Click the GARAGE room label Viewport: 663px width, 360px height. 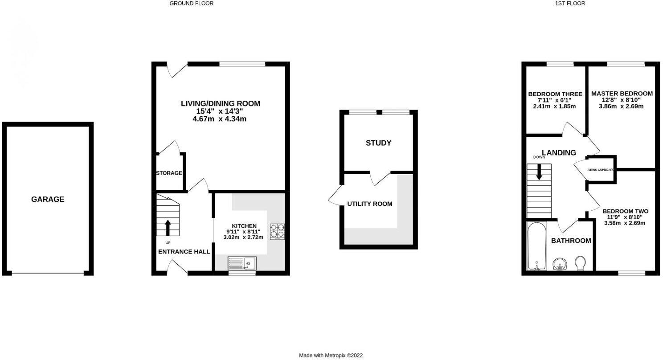pos(48,199)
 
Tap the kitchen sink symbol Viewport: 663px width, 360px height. pos(242,263)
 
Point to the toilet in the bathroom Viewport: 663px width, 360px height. pos(581,262)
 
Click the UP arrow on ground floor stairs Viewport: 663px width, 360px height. pos(168,227)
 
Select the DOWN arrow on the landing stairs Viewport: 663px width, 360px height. pos(539,172)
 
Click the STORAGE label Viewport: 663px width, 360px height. pos(169,173)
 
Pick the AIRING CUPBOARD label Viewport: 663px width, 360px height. pos(601,170)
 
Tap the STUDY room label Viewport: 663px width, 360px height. pos(378,143)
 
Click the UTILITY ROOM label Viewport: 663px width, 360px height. pos(370,204)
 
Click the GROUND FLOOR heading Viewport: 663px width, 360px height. pos(192,4)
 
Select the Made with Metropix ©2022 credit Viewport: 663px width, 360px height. pos(331,355)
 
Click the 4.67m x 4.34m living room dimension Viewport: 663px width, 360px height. pos(220,119)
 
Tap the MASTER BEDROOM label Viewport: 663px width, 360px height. pos(622,94)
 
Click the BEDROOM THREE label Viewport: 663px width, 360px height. pos(555,94)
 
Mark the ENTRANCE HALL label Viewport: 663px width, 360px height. pos(184,251)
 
